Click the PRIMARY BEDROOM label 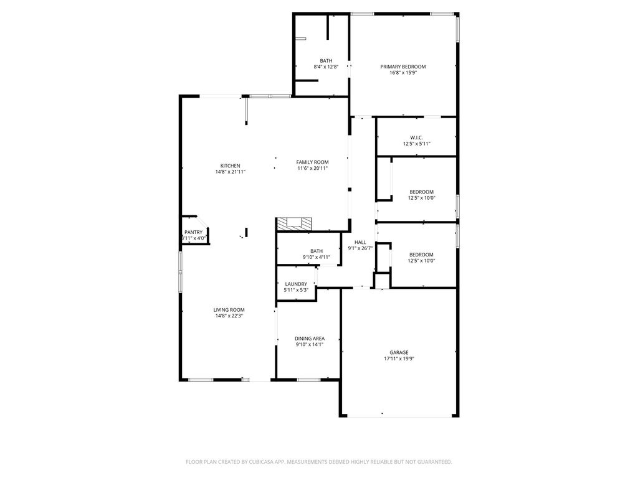403,66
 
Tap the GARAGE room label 399,352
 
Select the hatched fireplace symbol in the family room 293,223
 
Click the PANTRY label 193,232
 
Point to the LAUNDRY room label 296,284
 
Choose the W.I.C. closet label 417,138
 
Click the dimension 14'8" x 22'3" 229,316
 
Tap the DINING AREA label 310,339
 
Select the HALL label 360,242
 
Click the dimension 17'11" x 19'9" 399,358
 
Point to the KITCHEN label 231,166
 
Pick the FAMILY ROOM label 312,162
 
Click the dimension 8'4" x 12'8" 326,67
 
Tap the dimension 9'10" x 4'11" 317,257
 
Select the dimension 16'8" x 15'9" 403,72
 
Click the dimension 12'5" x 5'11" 417,144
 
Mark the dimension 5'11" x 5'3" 296,289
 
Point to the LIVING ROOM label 229,309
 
